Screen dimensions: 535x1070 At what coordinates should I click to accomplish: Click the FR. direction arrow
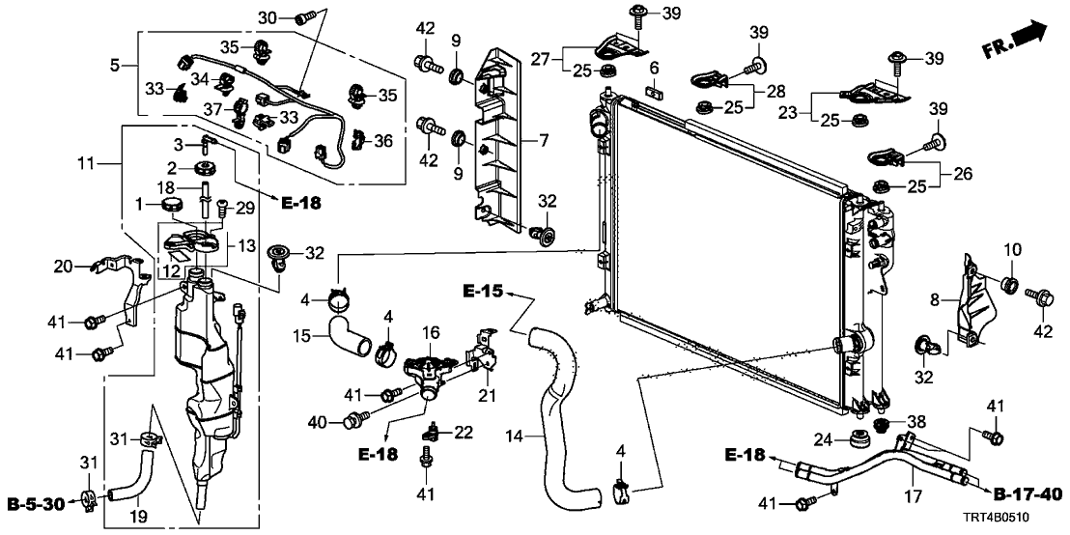click(1019, 39)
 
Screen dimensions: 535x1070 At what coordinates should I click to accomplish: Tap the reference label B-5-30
click(36, 503)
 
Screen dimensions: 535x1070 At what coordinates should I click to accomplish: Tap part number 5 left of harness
click(116, 66)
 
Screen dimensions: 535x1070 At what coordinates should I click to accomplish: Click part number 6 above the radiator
click(654, 68)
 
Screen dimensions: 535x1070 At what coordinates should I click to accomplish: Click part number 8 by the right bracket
click(935, 300)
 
